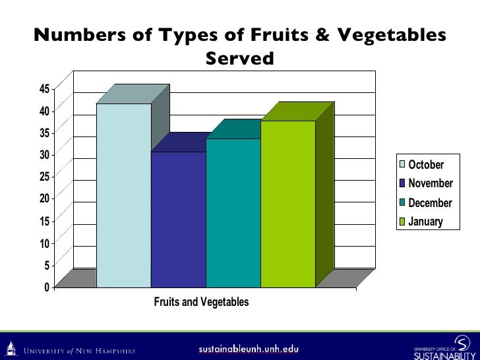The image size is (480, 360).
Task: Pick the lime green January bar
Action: [x=287, y=204]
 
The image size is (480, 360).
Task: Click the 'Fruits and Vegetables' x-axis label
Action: [x=201, y=303]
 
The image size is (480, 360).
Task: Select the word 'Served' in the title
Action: [x=239, y=59]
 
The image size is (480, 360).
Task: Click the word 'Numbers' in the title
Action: [x=70, y=36]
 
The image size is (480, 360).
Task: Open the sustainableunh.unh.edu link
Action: [x=239, y=347]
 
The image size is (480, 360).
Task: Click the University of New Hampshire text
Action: [x=80, y=350]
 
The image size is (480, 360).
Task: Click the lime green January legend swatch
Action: [x=402, y=222]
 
